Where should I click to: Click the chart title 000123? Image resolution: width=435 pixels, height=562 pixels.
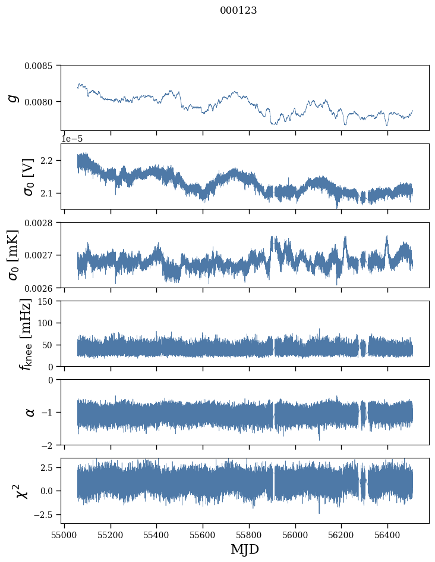click(x=238, y=11)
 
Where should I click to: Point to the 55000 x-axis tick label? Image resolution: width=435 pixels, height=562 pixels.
click(x=64, y=534)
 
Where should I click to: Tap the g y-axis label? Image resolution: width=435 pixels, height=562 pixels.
click(x=14, y=97)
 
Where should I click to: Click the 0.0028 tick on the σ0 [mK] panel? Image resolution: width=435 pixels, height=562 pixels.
click(x=40, y=223)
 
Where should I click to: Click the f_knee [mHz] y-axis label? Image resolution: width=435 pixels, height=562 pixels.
click(x=26, y=333)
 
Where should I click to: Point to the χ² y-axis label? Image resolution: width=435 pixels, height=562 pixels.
click(x=18, y=491)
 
